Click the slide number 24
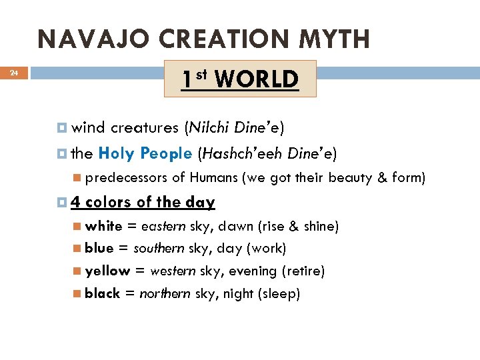click(x=14, y=73)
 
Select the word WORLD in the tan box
click(x=257, y=79)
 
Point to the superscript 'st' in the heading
click(x=204, y=72)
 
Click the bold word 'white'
click(x=103, y=226)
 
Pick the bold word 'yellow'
click(x=107, y=271)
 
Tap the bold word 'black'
click(x=103, y=294)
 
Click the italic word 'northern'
click(x=165, y=294)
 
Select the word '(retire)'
click(x=303, y=271)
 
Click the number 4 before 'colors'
click(x=75, y=202)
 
